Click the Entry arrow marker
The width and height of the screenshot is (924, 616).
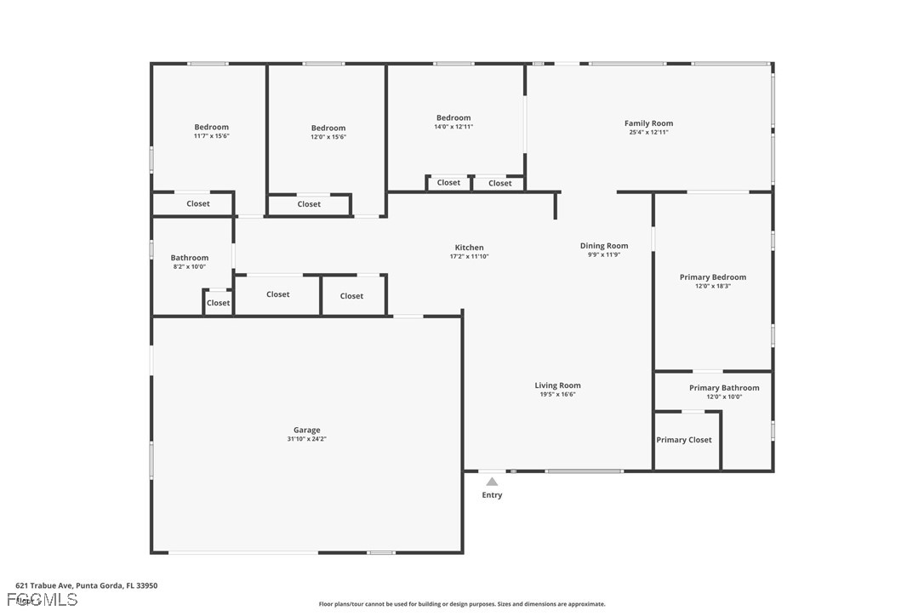492,482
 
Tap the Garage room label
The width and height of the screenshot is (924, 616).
307,431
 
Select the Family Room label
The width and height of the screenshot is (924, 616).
648,123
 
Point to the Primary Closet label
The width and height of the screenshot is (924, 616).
684,440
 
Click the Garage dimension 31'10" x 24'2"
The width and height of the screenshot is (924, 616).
307,440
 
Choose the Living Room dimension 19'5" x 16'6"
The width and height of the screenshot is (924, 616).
558,395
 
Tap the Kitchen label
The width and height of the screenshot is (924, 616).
470,248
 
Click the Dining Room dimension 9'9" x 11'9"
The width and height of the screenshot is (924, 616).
604,255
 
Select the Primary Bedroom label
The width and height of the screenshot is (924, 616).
713,277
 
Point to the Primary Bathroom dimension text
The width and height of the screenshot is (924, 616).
724,397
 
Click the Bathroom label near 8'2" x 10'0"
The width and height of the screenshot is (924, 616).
190,258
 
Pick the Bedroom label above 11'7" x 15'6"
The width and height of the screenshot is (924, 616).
211,127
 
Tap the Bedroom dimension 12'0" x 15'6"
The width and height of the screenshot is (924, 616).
328,137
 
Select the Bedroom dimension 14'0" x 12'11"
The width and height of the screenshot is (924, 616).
453,127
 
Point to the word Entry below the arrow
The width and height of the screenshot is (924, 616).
492,495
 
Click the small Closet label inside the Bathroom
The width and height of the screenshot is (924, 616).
218,303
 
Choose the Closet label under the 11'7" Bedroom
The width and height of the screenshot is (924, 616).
198,204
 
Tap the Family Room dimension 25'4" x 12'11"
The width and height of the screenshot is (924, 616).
648,133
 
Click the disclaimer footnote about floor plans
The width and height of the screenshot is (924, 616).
462,604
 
